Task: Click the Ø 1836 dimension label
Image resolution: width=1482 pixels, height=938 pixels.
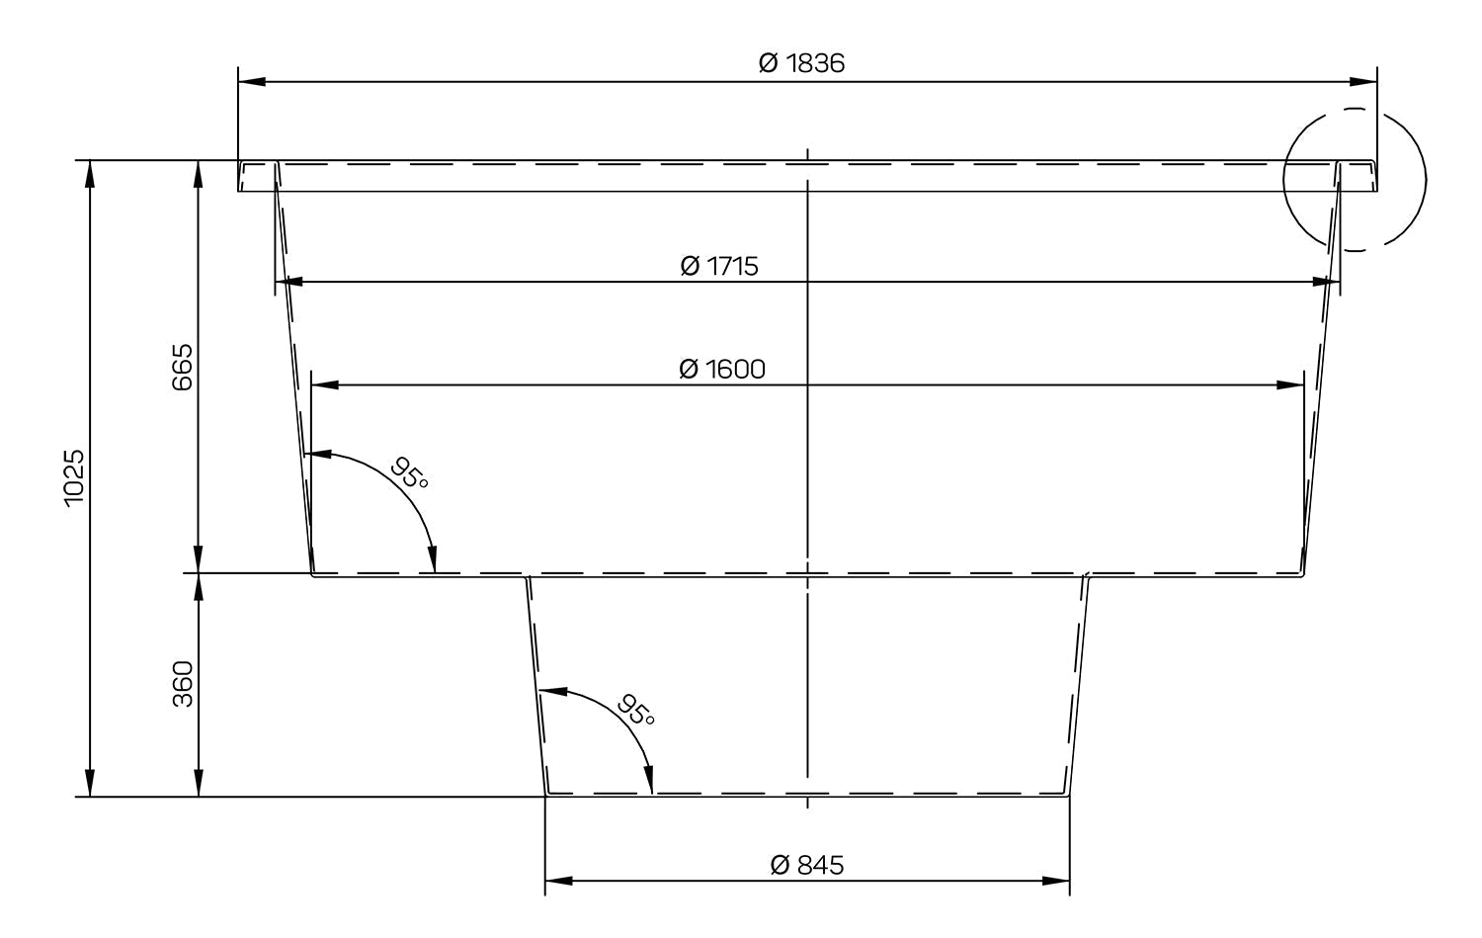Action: coord(801,63)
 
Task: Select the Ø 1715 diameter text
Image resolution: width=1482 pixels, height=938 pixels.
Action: coord(719,266)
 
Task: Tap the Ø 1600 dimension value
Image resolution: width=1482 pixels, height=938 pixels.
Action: coord(722,369)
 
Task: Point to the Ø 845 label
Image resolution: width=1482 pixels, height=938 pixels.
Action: coord(807,865)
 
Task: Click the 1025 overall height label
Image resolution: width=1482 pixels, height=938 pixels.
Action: coord(74,478)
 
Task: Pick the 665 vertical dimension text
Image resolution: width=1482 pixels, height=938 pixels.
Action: coord(182,368)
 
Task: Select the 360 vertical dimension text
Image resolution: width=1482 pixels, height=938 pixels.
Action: coord(182,684)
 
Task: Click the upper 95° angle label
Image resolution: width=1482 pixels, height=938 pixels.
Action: coord(410,472)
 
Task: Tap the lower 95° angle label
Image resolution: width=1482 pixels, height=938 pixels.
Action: coord(636,710)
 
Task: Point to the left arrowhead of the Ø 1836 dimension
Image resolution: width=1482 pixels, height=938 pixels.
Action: coord(252,82)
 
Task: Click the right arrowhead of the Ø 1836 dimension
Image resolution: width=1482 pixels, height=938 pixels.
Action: coord(1362,82)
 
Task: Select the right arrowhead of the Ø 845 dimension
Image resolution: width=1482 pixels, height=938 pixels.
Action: coord(1056,881)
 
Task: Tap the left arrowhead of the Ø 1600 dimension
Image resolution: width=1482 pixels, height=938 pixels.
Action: coord(325,384)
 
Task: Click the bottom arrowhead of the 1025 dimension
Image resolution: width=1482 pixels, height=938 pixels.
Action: coord(91,783)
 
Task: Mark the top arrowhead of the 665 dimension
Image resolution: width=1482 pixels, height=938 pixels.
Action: coord(199,174)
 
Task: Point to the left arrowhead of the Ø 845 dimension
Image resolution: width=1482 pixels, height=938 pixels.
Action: coord(559,881)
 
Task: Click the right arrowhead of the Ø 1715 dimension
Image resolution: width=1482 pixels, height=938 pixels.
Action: coord(1326,282)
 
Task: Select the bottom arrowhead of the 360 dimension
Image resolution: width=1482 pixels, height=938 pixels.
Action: coord(199,783)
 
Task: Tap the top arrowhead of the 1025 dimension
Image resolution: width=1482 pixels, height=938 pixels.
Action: coord(91,174)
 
